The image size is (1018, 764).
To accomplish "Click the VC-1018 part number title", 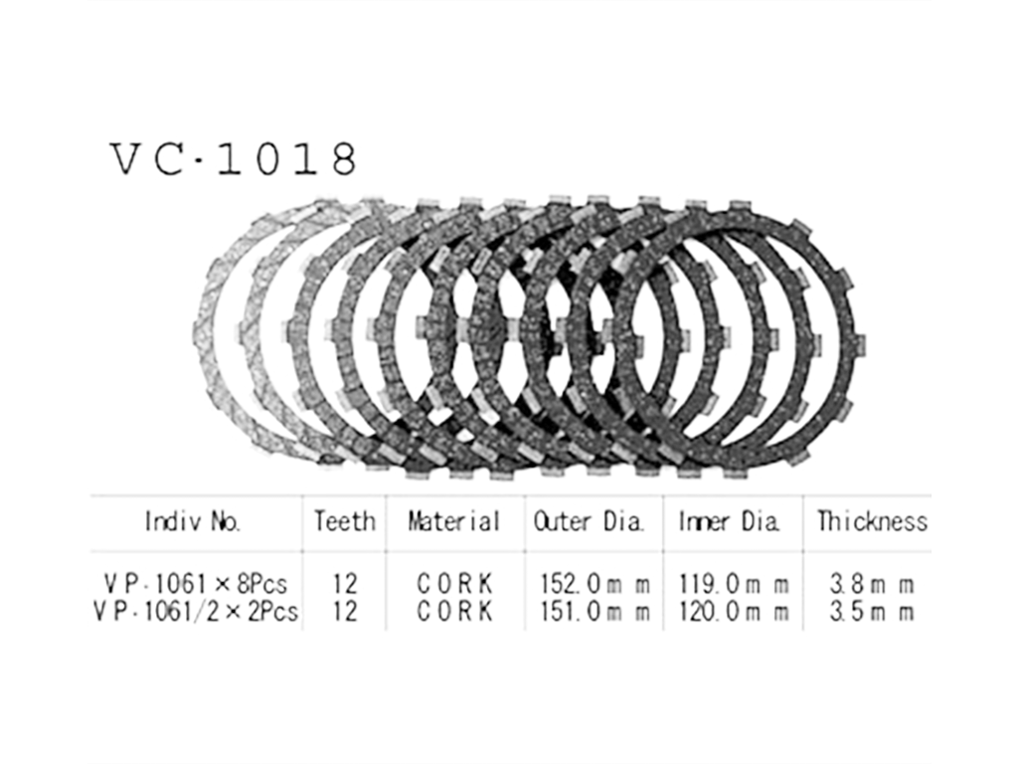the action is [234, 159].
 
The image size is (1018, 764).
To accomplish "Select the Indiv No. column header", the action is [193, 521].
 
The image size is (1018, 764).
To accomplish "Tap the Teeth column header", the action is [345, 521].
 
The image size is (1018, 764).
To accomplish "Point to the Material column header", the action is [453, 521].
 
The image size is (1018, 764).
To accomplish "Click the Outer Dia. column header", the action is [589, 521].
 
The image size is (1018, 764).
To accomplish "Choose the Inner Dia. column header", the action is [729, 521].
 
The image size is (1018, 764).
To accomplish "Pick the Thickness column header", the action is [872, 521].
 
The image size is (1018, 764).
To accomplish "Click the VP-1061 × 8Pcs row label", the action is [196, 584].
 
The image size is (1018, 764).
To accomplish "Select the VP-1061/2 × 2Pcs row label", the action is [196, 612].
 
